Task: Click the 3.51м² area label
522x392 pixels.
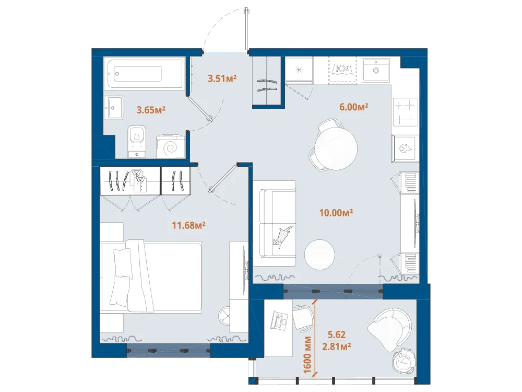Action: [222, 79]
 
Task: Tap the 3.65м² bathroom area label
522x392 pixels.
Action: [151, 110]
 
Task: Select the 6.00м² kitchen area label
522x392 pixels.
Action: [353, 107]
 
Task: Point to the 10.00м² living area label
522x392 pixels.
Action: [336, 213]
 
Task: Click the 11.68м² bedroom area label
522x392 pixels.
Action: [188, 225]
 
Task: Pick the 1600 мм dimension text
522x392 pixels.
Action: [307, 355]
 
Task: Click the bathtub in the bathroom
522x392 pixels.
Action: [145, 74]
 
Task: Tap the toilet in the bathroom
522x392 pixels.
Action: [137, 140]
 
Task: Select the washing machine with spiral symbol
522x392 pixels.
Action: [171, 146]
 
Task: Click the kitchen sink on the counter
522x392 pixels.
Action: [376, 70]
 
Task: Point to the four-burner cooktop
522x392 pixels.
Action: [406, 112]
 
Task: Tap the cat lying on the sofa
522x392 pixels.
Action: [283, 236]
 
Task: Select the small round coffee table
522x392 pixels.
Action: [319, 255]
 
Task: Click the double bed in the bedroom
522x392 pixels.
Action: [151, 276]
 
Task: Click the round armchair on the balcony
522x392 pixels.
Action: [390, 328]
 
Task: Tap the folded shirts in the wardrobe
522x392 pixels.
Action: [139, 181]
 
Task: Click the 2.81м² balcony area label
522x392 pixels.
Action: [337, 347]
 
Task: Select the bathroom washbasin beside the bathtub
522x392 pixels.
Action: [113, 108]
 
